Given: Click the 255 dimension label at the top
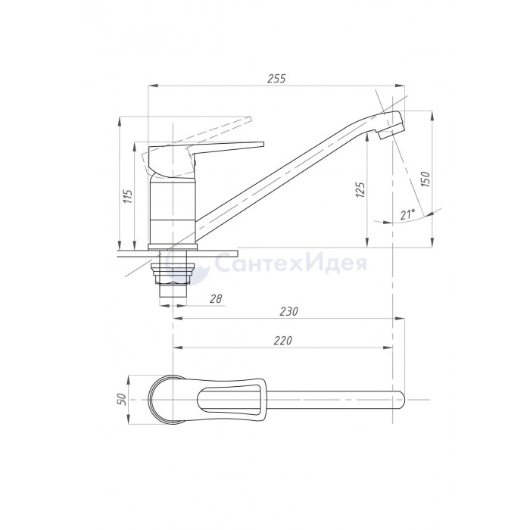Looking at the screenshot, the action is [276, 79].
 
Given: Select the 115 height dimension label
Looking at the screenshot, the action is [128, 196].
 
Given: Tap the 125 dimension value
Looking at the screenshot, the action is [360, 190].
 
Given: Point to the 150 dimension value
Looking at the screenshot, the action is [425, 179].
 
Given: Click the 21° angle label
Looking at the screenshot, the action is [407, 214].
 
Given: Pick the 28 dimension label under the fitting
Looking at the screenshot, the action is [216, 299].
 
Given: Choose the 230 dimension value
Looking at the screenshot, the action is [289, 311].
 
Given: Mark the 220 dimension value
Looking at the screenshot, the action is [282, 341].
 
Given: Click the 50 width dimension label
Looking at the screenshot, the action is [121, 399].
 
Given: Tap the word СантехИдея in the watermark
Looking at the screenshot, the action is [291, 263].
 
